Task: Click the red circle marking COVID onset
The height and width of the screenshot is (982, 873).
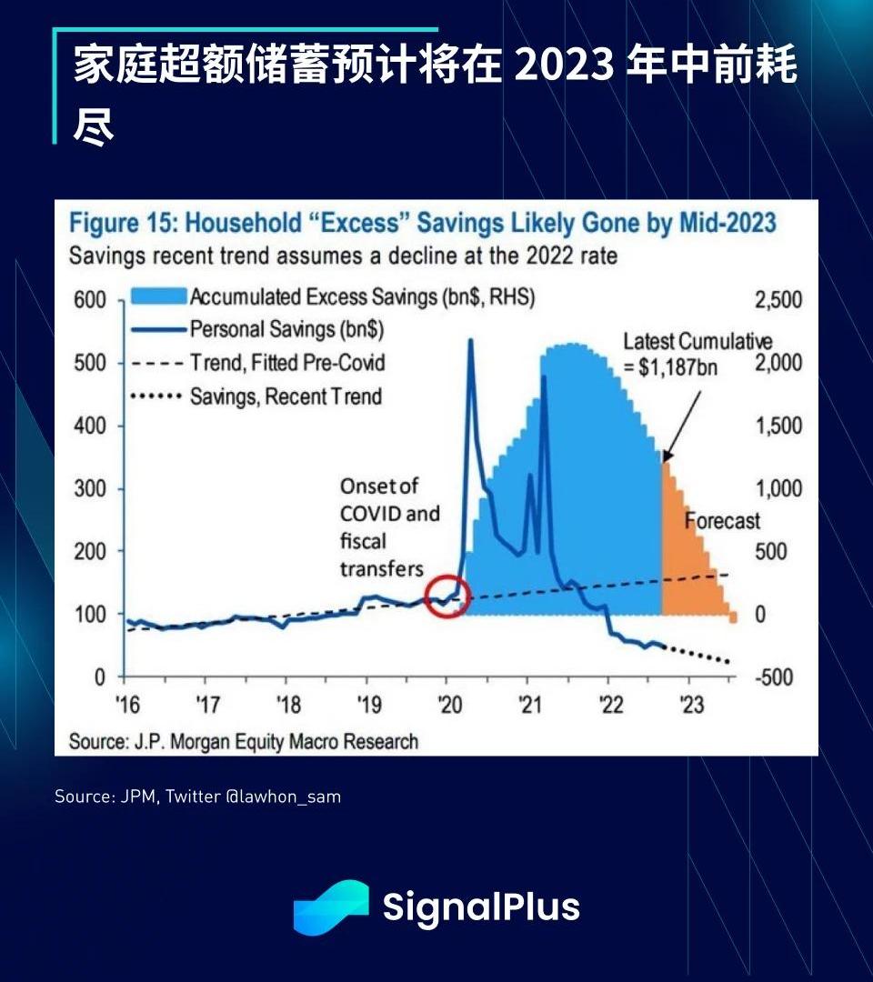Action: (446, 596)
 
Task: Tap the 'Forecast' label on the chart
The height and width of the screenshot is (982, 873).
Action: (722, 521)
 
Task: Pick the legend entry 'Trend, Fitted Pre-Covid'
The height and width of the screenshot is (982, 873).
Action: (287, 363)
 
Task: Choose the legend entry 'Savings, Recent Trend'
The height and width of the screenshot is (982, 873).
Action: (286, 396)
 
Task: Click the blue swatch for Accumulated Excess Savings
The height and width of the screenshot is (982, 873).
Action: (157, 296)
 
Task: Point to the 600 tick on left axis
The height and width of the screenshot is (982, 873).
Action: (95, 300)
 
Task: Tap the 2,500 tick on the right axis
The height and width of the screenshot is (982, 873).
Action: (778, 300)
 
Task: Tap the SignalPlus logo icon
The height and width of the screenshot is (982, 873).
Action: (330, 907)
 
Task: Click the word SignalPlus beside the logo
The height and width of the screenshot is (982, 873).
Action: (481, 907)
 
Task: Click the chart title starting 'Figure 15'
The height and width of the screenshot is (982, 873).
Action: (423, 224)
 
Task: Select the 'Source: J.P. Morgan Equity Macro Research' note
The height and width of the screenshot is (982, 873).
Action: (244, 741)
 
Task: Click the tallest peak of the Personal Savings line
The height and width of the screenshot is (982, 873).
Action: (470, 341)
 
